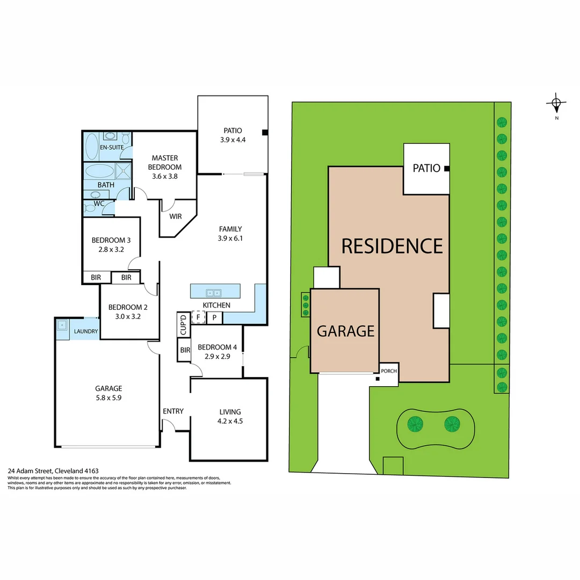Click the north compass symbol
click(556, 103)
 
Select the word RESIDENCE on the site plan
click(392, 245)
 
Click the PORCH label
click(388, 371)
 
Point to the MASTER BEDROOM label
click(165, 162)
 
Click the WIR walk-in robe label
click(176, 217)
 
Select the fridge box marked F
click(198, 317)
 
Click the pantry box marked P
click(214, 317)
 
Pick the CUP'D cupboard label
click(183, 324)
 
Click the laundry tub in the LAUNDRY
click(63, 324)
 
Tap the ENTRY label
click(173, 411)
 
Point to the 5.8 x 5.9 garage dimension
click(108, 398)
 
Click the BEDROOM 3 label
click(111, 240)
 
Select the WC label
click(99, 204)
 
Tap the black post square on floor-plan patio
click(265, 133)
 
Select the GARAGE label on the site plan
click(345, 331)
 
